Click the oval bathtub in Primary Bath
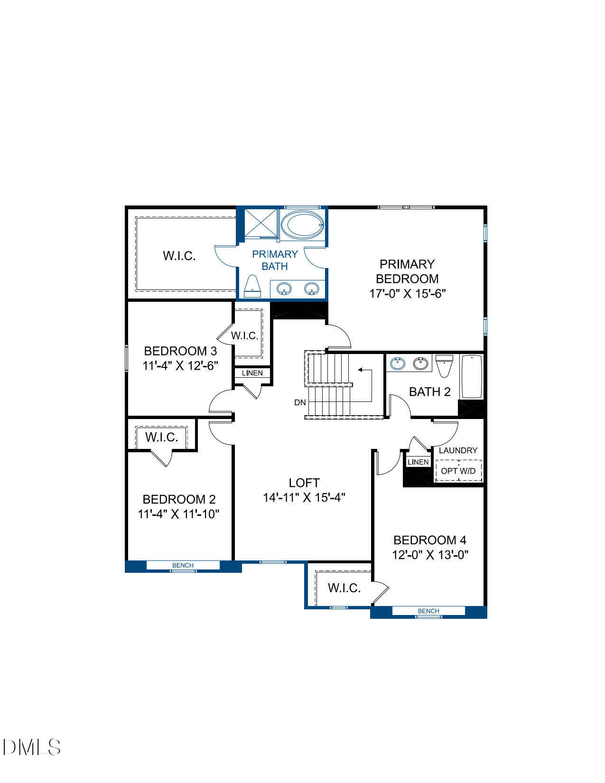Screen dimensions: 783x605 pos(302,225)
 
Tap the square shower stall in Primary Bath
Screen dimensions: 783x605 pos(261,223)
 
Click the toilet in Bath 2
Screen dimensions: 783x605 pos(444,365)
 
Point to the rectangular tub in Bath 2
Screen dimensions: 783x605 pos(472,376)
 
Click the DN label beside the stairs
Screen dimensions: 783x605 pos(300,402)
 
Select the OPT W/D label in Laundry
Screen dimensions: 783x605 pos(458,471)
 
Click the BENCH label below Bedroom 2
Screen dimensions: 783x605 pos(183,565)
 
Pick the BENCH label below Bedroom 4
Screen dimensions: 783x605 pos(428,611)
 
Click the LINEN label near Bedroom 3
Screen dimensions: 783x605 pos(252,373)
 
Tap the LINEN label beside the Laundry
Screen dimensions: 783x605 pos(418,462)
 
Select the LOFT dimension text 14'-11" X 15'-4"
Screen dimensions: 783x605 pos(304,497)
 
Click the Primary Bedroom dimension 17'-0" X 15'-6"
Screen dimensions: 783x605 pos(408,293)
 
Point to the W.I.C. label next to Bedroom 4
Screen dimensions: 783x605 pos(344,588)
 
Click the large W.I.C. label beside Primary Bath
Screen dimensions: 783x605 pos(179,255)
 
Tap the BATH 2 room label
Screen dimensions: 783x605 pos(429,391)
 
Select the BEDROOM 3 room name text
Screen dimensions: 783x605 pos(180,351)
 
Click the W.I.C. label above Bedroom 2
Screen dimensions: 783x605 pos(162,437)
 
